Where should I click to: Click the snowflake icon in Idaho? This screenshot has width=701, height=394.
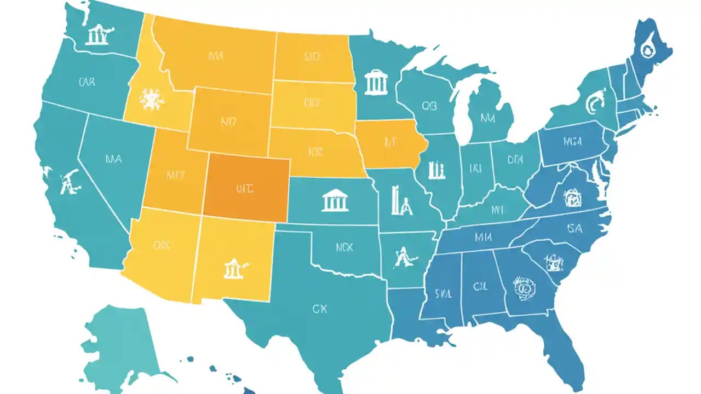click(148, 99)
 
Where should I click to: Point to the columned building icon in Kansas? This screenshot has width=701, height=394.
click(335, 200)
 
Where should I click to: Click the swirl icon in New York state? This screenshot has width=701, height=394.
click(593, 103)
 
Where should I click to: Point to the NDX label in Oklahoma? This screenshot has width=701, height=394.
click(344, 247)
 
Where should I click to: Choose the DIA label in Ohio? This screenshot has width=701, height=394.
click(515, 160)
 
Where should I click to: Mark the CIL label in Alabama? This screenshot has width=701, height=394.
click(480, 286)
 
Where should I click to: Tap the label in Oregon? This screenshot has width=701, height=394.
click(87, 83)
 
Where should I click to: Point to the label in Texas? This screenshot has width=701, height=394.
click(319, 309)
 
